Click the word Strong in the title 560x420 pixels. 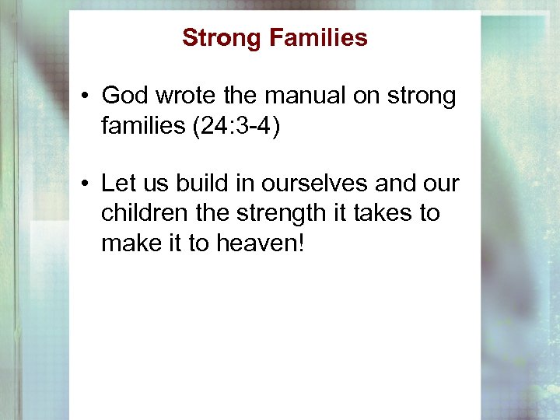[220, 37]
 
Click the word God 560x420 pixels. [124, 96]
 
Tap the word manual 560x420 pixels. [297, 96]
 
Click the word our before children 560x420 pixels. [442, 184]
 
